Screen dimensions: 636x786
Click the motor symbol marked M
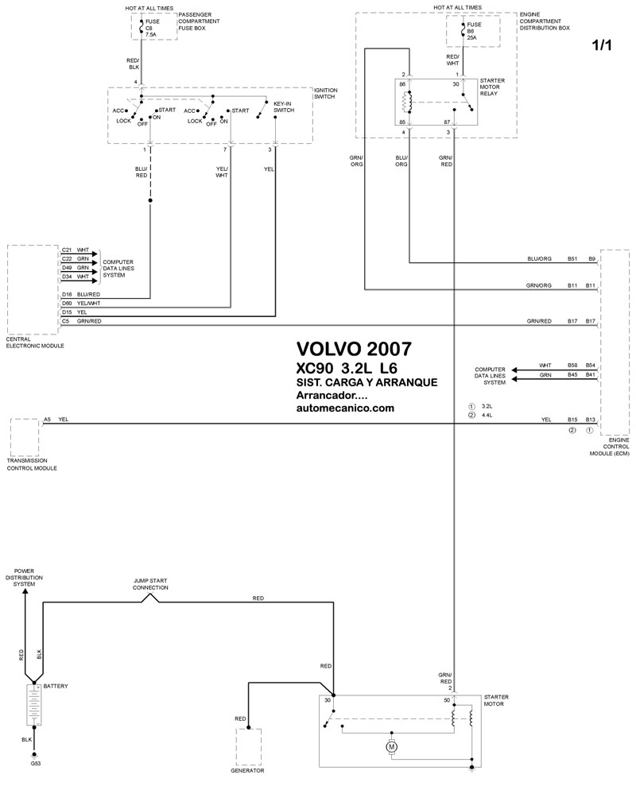(391, 747)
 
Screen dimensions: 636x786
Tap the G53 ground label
(36, 764)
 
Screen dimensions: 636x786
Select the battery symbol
(34, 704)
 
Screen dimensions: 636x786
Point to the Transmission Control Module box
(25, 437)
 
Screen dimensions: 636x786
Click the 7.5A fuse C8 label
(152, 28)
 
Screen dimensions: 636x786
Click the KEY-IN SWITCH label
(283, 106)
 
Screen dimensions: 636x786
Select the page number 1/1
(602, 45)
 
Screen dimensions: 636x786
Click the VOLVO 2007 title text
(354, 348)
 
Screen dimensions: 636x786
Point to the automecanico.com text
(345, 408)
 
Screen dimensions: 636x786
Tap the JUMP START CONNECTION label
(150, 584)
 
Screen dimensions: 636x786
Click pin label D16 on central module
(67, 294)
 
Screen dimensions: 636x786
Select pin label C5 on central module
(65, 321)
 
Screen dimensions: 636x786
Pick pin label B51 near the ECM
(572, 258)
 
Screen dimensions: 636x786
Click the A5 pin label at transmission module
(47, 419)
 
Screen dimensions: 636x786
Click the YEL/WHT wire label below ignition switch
(222, 172)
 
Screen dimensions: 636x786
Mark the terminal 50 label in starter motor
(447, 700)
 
